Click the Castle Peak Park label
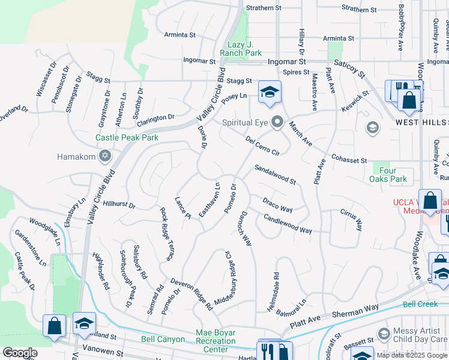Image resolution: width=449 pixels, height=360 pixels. pyautogui.click(x=127, y=137)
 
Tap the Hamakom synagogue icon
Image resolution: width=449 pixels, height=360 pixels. pyautogui.click(x=104, y=157)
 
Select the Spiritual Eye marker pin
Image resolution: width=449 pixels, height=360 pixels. pyautogui.click(x=277, y=122)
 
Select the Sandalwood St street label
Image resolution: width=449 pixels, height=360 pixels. pyautogui.click(x=275, y=175)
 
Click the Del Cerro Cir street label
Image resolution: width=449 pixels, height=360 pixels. pyautogui.click(x=263, y=145)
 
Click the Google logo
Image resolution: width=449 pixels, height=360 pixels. pyautogui.click(x=20, y=352)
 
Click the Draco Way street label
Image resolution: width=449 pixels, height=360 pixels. pyautogui.click(x=277, y=205)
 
